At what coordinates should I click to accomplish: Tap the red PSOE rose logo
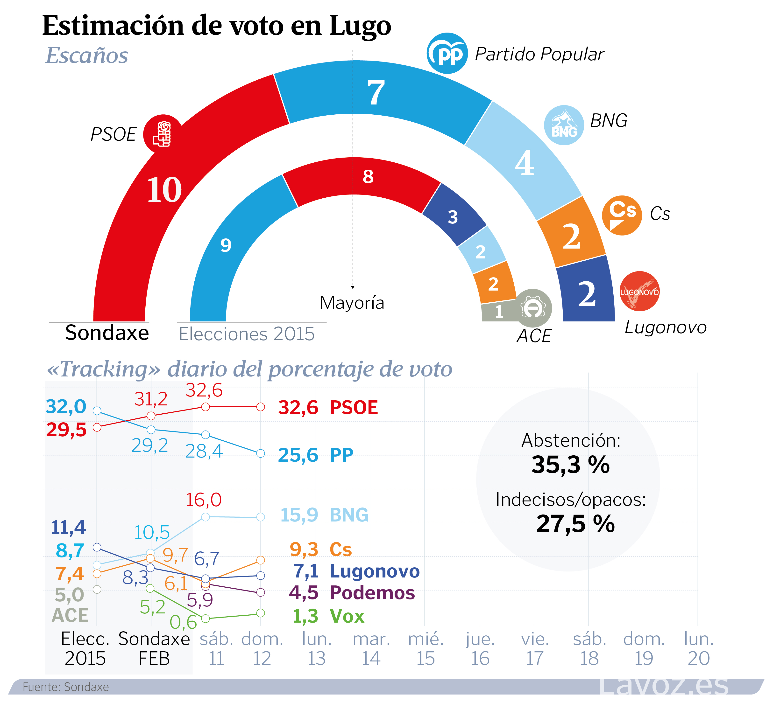pyautogui.click(x=163, y=134)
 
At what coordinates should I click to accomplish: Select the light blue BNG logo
pyautogui.click(x=564, y=125)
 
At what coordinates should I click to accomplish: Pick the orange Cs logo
pyautogui.click(x=621, y=215)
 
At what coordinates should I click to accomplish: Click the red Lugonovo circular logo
pyautogui.click(x=639, y=291)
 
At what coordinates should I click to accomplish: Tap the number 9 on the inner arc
pyautogui.click(x=226, y=245)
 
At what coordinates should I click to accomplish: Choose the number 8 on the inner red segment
pyautogui.click(x=368, y=176)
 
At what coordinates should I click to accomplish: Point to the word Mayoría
pyautogui.click(x=352, y=303)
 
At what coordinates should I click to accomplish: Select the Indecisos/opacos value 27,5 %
pyautogui.click(x=575, y=524)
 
